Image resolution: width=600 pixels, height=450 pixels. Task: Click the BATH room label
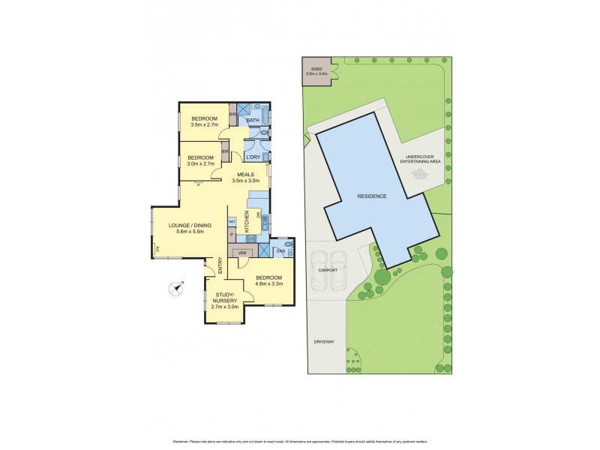253,120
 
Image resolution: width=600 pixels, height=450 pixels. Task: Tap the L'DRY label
253,156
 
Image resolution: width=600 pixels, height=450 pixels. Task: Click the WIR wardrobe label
242,253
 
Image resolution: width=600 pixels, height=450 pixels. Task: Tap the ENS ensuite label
280,251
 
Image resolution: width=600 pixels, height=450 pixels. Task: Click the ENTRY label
220,266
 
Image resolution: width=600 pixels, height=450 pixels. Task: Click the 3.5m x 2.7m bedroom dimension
204,126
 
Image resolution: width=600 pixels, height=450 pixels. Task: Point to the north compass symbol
177,286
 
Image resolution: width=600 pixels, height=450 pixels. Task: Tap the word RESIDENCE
372,196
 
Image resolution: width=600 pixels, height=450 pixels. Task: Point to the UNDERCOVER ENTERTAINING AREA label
420,158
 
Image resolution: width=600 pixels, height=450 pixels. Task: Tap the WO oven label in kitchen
232,221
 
